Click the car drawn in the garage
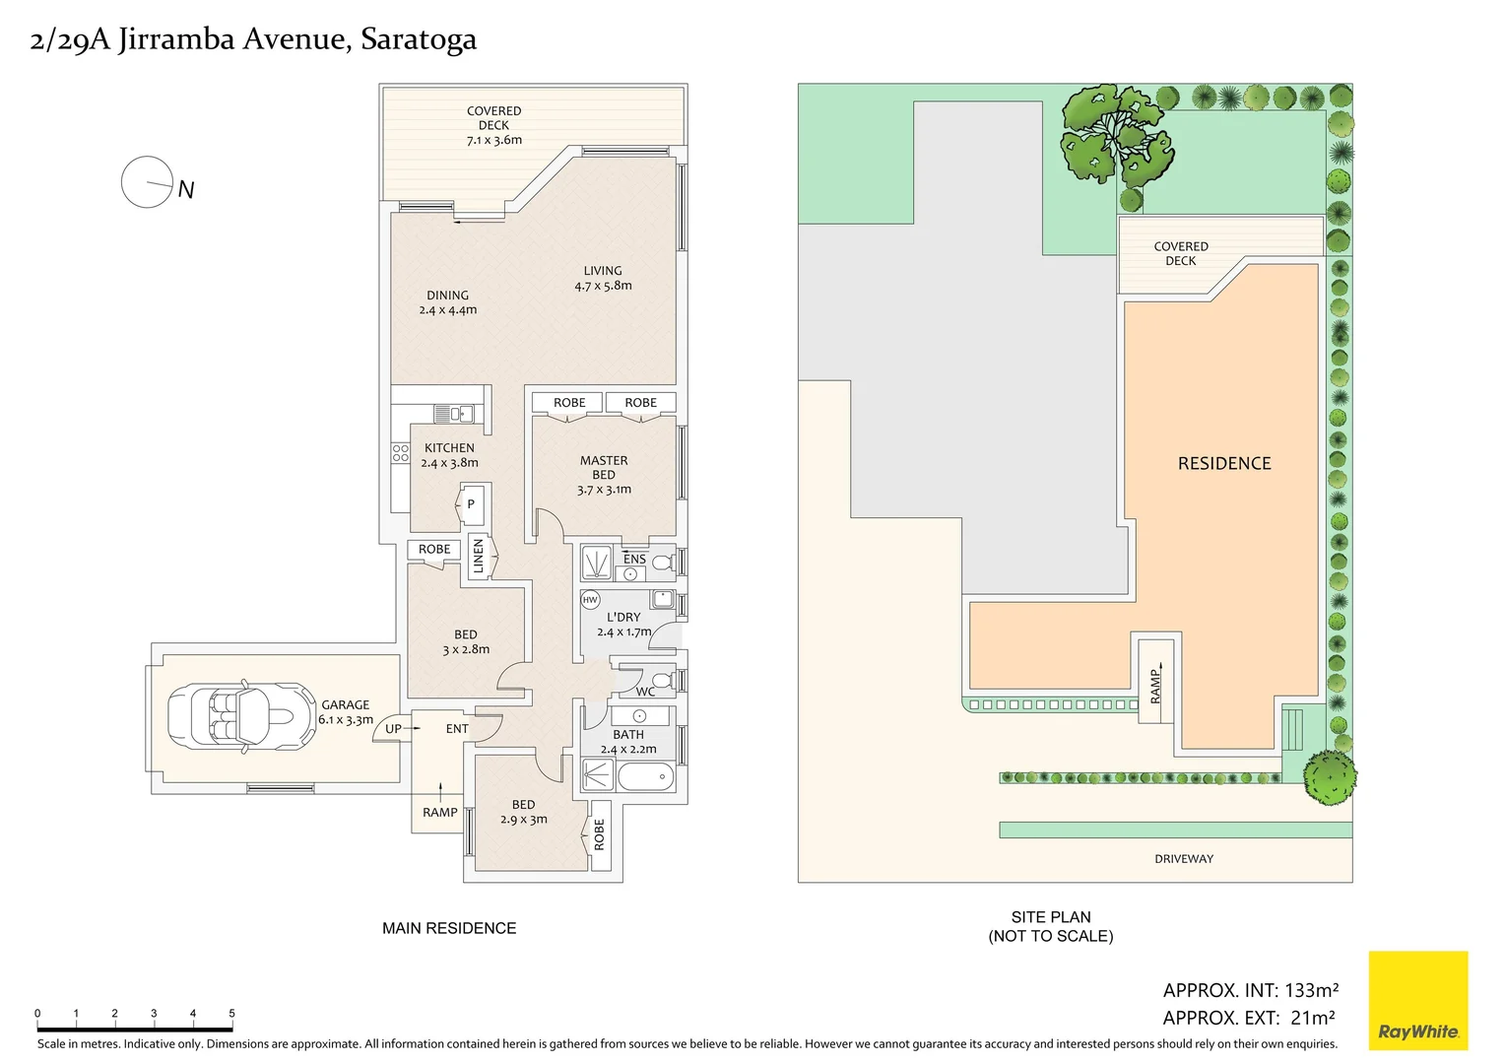231,714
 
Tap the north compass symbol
147,182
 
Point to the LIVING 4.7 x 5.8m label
603,278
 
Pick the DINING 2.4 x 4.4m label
447,302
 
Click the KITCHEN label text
449,448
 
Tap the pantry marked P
471,504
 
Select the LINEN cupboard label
479,557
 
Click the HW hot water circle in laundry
590,599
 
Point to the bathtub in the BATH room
645,776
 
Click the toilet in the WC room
662,681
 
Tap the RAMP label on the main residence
439,813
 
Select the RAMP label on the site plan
1155,686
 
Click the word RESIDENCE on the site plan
1224,463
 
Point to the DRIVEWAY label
1183,859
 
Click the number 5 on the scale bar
231,1013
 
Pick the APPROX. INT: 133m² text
1250,990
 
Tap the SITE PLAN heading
1050,917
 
